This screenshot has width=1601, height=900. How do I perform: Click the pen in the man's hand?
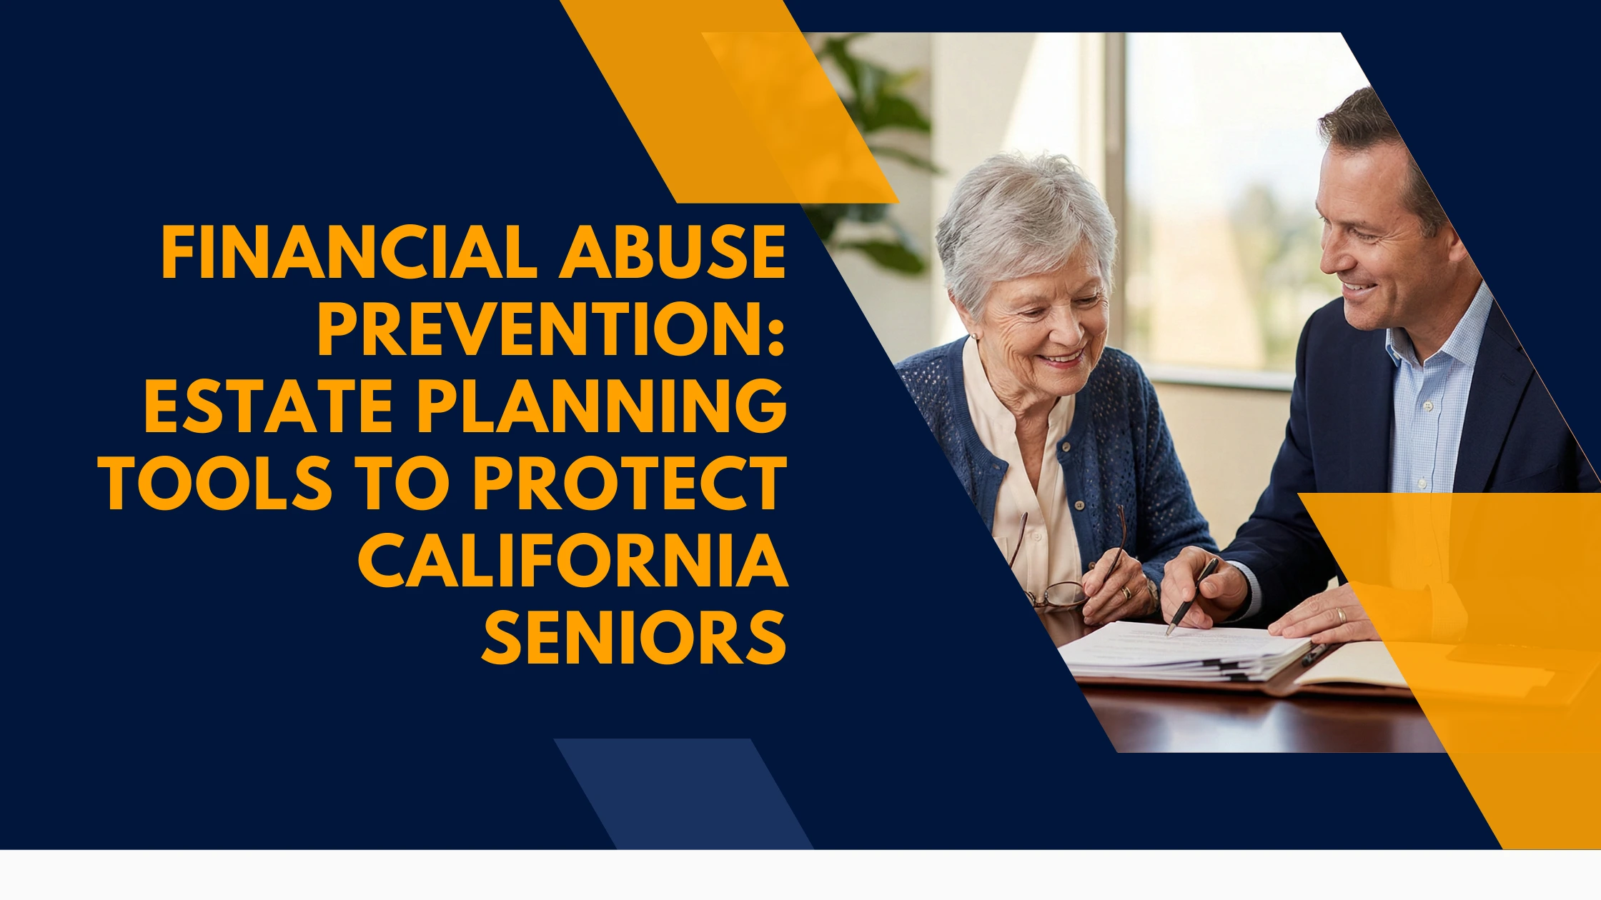1191,596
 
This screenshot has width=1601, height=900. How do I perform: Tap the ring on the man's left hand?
1342,615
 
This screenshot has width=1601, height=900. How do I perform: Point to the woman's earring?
973,336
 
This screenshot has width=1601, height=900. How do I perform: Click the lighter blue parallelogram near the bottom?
683,794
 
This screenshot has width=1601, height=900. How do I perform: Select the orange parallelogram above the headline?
729,101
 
